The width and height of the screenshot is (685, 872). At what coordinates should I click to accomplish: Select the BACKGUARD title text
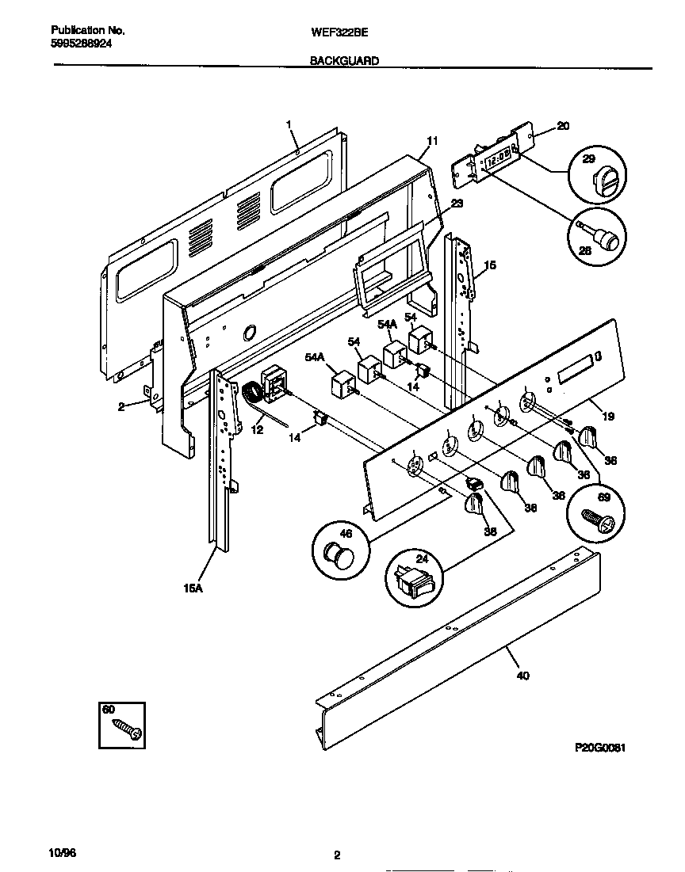click(x=343, y=61)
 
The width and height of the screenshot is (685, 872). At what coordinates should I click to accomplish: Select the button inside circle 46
click(x=340, y=555)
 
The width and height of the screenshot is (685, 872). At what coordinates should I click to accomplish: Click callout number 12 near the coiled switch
click(x=256, y=429)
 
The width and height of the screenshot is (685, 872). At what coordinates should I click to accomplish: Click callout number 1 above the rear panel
click(x=289, y=124)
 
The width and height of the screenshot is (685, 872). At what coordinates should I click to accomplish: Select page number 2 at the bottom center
click(x=337, y=855)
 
